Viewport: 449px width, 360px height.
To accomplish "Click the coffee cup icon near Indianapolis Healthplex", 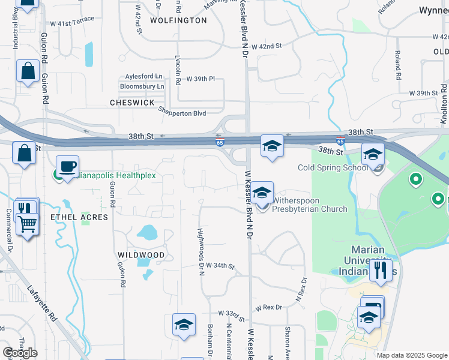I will tap(67, 166).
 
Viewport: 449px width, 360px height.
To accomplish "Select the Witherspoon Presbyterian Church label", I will tap(310, 205).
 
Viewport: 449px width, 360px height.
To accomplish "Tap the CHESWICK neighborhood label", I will tap(132, 103).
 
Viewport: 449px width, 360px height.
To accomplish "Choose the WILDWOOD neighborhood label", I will tap(141, 255).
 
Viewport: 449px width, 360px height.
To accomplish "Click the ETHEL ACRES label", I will tap(79, 217).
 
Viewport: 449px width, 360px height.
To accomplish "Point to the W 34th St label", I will tap(220, 265).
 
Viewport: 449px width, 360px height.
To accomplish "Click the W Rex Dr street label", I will tap(268, 307).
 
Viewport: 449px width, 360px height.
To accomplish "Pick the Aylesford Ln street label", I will tap(144, 77).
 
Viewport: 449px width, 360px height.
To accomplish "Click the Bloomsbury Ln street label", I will tap(142, 86).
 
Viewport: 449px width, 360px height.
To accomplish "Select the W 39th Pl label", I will tap(200, 79).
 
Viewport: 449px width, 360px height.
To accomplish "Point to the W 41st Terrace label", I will tap(72, 20).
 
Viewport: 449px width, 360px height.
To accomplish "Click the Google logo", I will tap(20, 353).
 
